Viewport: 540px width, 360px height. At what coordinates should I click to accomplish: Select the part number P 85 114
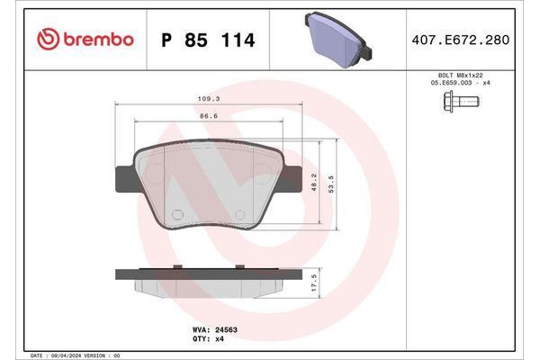[207, 40]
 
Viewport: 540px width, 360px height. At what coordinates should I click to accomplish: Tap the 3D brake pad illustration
[342, 39]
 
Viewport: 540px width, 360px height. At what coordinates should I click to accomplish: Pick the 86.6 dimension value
[210, 116]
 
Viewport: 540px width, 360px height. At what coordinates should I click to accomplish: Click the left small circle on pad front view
[176, 214]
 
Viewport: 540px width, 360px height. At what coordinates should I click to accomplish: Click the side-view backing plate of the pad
[209, 272]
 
